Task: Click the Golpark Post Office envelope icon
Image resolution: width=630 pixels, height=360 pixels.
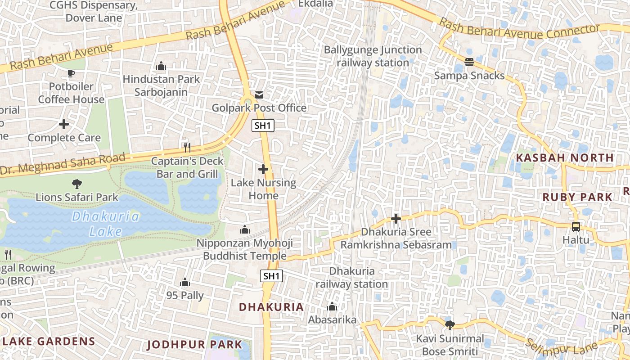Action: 259,95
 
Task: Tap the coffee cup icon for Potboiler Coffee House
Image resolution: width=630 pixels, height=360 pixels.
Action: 71,73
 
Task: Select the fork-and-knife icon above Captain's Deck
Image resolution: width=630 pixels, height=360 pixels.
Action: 187,147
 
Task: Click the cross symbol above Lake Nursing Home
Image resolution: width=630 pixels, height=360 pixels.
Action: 263,169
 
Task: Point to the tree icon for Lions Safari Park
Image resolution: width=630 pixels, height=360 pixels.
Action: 77,184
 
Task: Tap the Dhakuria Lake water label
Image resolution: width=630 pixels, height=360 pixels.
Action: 106,224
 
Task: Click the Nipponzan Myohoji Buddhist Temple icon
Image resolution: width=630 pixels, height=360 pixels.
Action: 245,229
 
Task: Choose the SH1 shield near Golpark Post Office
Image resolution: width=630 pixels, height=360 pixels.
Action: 263,126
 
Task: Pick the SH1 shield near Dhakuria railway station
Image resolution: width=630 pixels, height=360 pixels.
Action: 272,276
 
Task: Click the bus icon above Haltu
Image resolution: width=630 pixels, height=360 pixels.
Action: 576,227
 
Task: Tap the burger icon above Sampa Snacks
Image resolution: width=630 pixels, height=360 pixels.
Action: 469,62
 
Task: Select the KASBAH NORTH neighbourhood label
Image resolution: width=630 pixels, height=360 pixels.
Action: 565,157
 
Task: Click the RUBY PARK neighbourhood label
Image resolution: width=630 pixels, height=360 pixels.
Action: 577,197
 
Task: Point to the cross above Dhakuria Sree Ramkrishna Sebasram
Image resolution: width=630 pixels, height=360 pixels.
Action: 396,219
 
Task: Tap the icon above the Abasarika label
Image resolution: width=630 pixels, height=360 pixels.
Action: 332,306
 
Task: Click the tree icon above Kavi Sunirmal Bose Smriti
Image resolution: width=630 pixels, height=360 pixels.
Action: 449,325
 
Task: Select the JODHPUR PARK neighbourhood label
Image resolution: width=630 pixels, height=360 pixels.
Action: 195,345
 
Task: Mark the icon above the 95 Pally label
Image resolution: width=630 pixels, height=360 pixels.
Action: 184,282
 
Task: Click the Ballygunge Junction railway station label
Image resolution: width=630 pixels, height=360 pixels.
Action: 373,56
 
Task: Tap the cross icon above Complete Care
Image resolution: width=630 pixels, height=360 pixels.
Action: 64,124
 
